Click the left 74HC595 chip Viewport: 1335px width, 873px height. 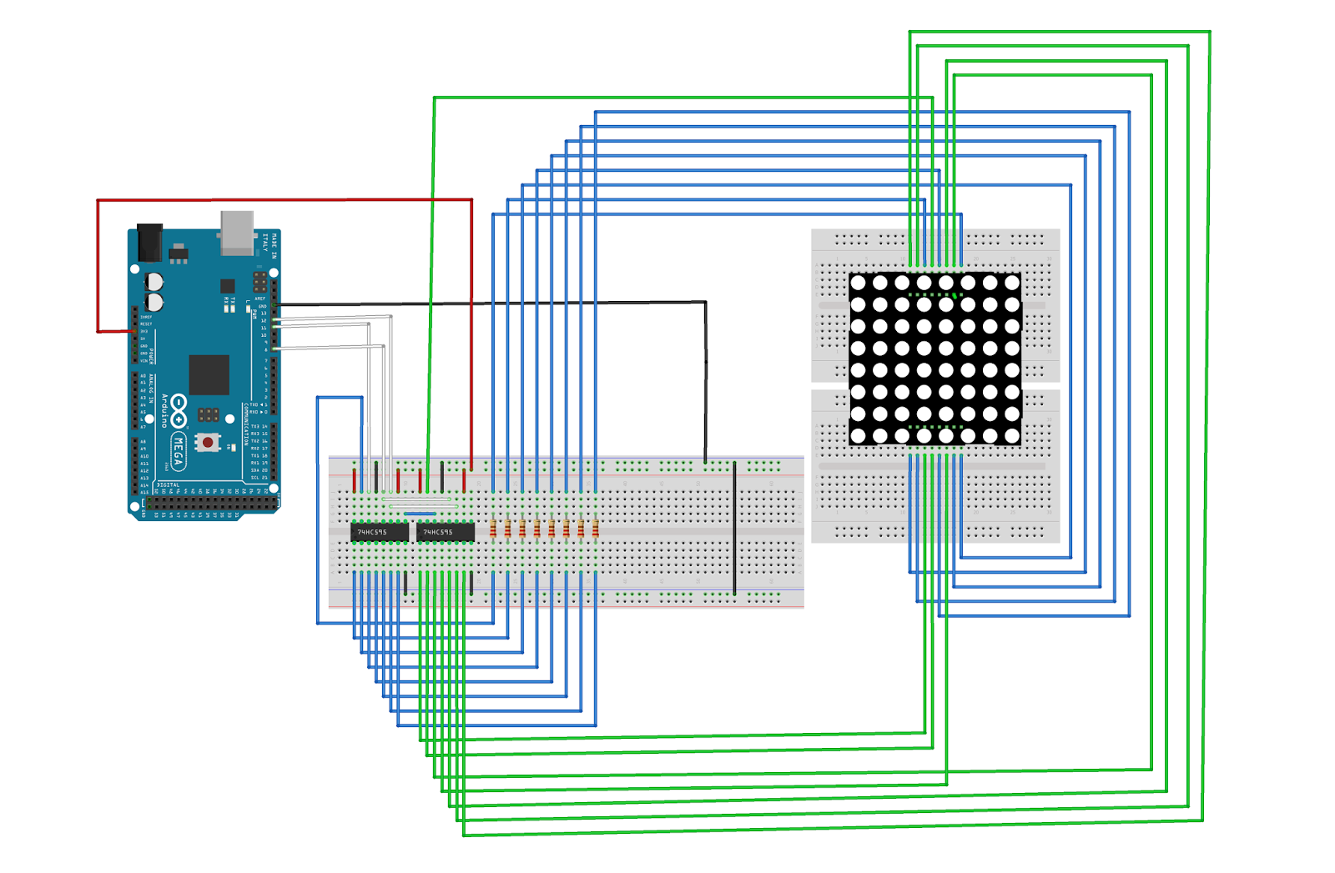pyautogui.click(x=380, y=532)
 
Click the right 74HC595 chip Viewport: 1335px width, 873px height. pyautogui.click(x=445, y=532)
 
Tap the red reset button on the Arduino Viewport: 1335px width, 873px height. pyautogui.click(x=208, y=442)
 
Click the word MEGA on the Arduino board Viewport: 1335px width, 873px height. pyautogui.click(x=179, y=451)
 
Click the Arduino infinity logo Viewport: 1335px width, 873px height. pyautogui.click(x=179, y=411)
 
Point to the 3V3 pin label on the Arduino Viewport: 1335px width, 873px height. pyautogui.click(x=144, y=332)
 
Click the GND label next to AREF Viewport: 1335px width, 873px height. pyautogui.click(x=262, y=307)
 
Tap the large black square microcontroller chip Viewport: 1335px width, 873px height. pyautogui.click(x=209, y=374)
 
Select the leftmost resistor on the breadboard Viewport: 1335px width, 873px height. pyautogui.click(x=493, y=529)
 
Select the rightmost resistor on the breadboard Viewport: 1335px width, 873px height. pyautogui.click(x=596, y=529)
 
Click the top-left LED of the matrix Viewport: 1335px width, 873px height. pyautogui.click(x=858, y=283)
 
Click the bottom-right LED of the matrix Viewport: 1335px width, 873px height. pyautogui.click(x=1012, y=435)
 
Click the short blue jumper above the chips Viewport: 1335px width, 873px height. pyautogui.click(x=420, y=514)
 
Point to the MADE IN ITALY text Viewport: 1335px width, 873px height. pyautogui.click(x=270, y=245)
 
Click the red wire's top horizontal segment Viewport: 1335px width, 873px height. pyautogui.click(x=284, y=200)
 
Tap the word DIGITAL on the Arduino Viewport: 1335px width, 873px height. pyautogui.click(x=169, y=484)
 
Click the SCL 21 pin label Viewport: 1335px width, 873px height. pyautogui.click(x=259, y=478)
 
